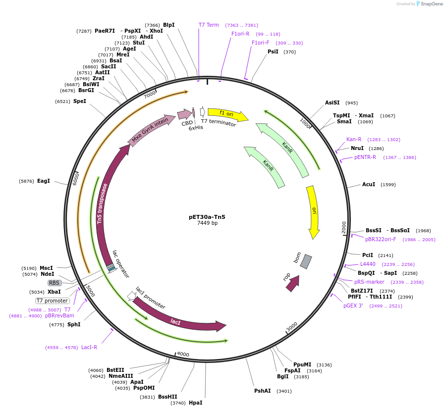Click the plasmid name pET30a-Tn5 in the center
(x=207, y=216)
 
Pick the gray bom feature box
(x=306, y=261)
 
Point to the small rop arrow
(x=292, y=284)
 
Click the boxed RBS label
(x=54, y=283)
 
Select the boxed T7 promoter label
(x=52, y=301)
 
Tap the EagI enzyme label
(x=44, y=181)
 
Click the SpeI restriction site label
(x=79, y=102)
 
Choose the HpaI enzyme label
(x=195, y=403)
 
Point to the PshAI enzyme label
(x=262, y=391)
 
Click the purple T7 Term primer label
(x=209, y=25)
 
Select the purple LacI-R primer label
(x=89, y=347)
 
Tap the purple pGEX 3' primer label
(x=353, y=306)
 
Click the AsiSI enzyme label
(x=332, y=103)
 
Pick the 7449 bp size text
(x=207, y=223)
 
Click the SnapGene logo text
(x=431, y=4)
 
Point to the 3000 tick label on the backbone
(x=292, y=326)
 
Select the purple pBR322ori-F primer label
(x=381, y=239)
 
